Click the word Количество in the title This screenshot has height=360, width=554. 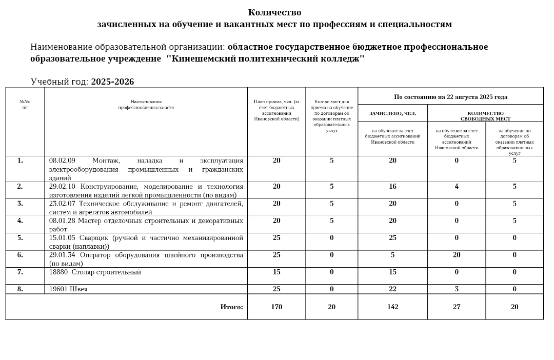pyautogui.click(x=274, y=12)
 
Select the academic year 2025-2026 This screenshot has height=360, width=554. pyautogui.click(x=112, y=82)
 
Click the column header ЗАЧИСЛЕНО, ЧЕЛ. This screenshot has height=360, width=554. pyautogui.click(x=392, y=113)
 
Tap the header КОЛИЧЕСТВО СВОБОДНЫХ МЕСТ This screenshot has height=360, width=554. pyautogui.click(x=485, y=116)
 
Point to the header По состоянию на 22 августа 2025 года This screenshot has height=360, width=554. pyautogui.click(x=450, y=96)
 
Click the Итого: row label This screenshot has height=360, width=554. pyautogui.click(x=231, y=307)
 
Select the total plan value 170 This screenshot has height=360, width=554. pyautogui.click(x=276, y=307)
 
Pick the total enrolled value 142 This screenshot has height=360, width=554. pyautogui.click(x=392, y=307)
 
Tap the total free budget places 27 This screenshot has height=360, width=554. pyautogui.click(x=457, y=307)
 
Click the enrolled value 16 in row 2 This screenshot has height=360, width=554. pyautogui.click(x=392, y=186)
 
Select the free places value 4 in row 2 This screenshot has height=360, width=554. pyautogui.click(x=457, y=186)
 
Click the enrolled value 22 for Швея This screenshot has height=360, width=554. pyautogui.click(x=392, y=289)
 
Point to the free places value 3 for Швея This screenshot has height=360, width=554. pyautogui.click(x=457, y=289)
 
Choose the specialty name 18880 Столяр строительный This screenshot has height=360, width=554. pyautogui.click(x=95, y=272)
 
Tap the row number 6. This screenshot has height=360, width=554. pyautogui.click(x=20, y=254)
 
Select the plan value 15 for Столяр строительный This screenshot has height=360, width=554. pyautogui.click(x=276, y=272)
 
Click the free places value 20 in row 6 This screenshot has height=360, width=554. pyautogui.click(x=457, y=254)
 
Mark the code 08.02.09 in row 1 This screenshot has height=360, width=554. pyautogui.click(x=62, y=161)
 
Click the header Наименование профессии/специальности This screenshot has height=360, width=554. pyautogui.click(x=146, y=105)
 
